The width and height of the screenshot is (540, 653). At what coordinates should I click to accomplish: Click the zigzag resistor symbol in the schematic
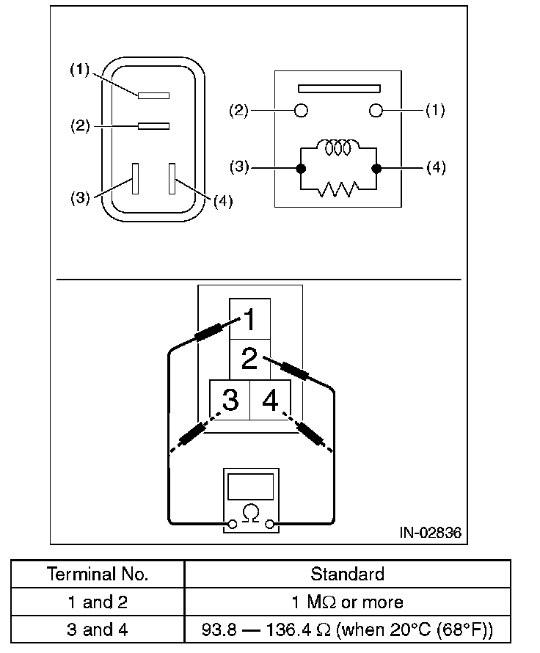click(337, 190)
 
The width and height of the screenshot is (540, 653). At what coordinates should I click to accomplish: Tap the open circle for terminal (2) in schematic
click(300, 111)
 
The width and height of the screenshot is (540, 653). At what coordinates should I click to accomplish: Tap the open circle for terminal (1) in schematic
click(376, 111)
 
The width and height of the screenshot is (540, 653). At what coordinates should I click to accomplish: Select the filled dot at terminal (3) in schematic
click(300, 168)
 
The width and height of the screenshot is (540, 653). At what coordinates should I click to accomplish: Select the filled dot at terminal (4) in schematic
click(376, 168)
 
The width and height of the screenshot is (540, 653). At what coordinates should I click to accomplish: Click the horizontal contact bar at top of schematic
click(339, 89)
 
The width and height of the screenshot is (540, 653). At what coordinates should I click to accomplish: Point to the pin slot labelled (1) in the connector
click(153, 95)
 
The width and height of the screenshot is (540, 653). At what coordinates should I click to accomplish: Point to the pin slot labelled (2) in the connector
click(153, 126)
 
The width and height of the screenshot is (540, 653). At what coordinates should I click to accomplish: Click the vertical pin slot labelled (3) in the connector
click(135, 178)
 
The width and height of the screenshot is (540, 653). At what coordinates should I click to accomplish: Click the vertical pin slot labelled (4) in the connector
click(172, 178)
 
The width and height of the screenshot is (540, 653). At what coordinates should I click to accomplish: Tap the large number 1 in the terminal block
click(249, 320)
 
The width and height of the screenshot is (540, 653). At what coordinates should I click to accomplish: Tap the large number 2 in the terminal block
click(249, 360)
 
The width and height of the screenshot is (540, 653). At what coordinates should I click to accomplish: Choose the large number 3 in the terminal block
click(230, 401)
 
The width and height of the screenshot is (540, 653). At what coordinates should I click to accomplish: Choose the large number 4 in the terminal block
click(270, 401)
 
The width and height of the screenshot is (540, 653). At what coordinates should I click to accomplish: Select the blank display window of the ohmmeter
click(251, 487)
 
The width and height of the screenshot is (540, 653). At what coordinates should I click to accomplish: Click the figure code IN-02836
click(431, 533)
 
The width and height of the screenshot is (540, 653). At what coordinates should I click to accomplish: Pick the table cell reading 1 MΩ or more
click(347, 602)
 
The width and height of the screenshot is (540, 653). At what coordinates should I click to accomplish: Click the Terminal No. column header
click(98, 574)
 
